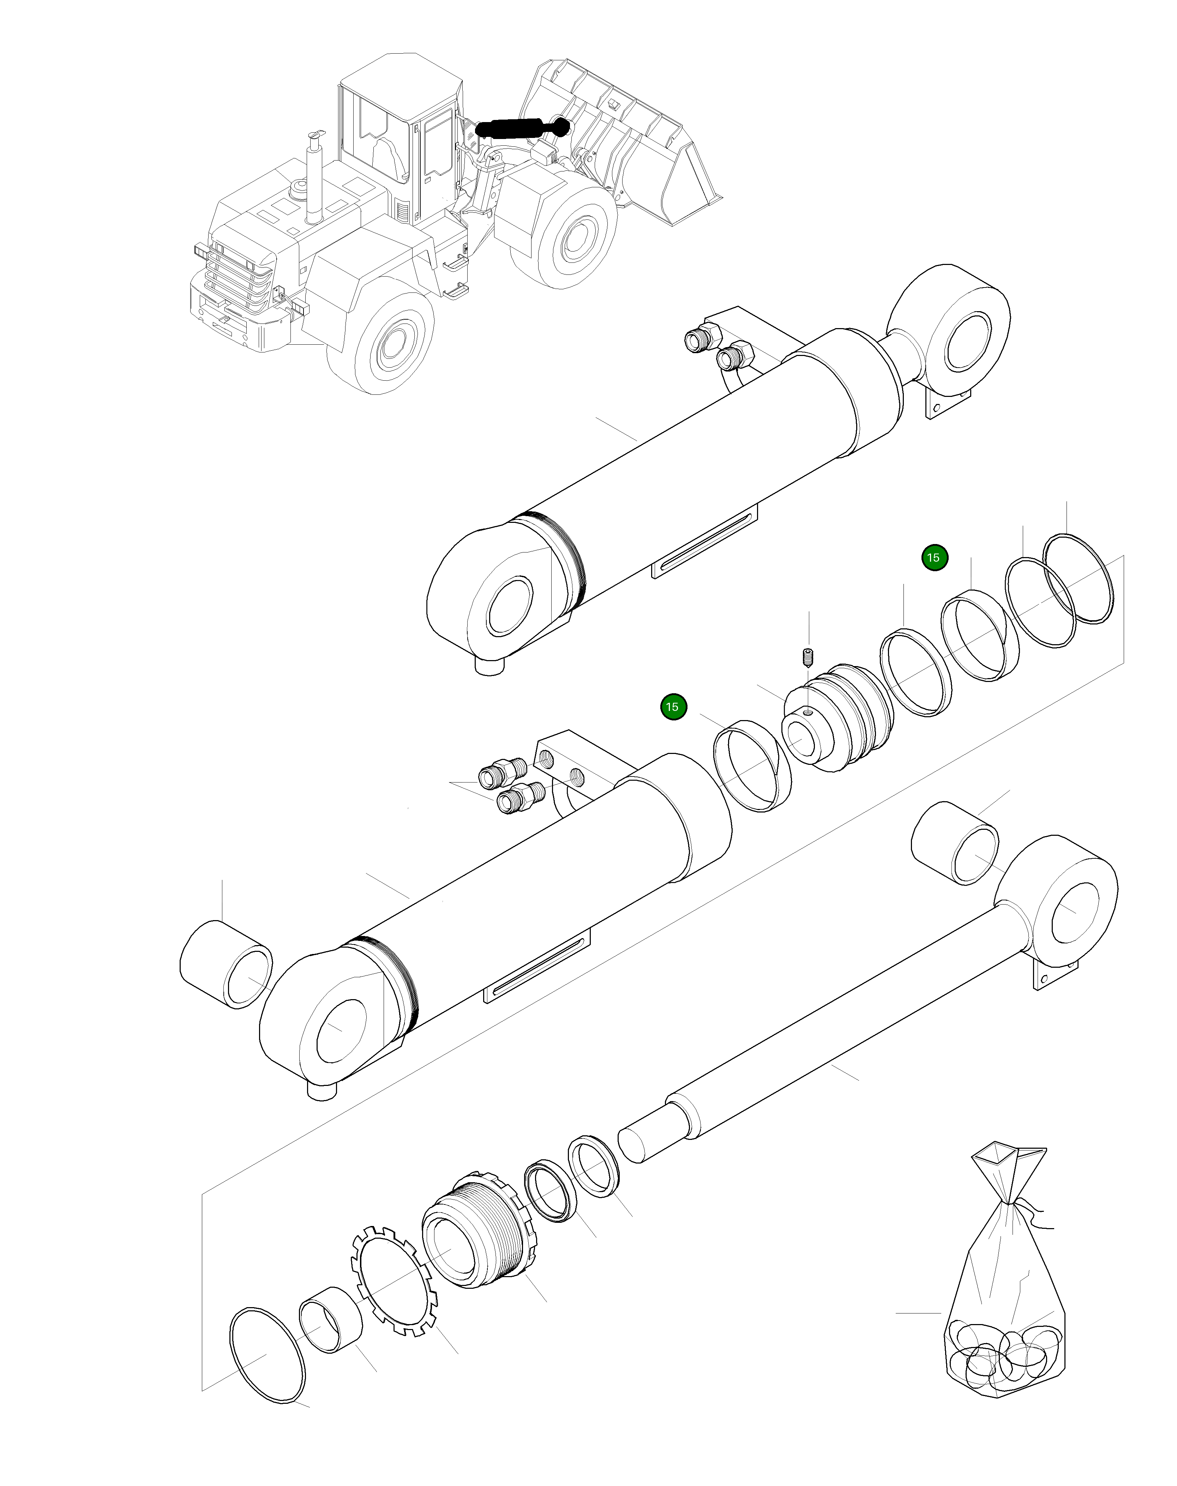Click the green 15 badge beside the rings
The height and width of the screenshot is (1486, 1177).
click(x=934, y=558)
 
